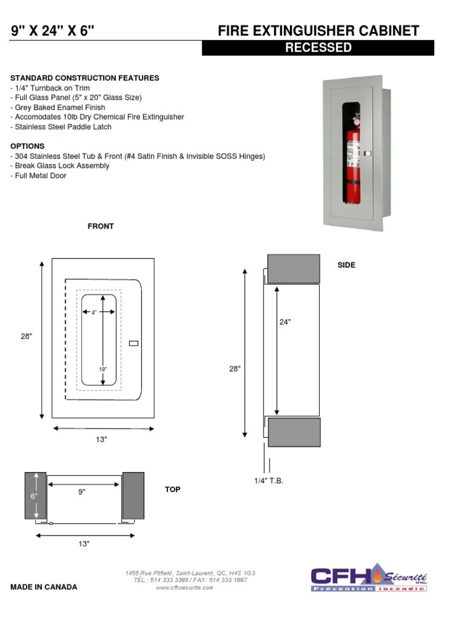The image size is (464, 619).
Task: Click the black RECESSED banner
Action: [x=318, y=48]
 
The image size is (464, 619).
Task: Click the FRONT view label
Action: [x=101, y=227]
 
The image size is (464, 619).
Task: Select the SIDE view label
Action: [x=346, y=265]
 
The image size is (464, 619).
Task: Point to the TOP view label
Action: [x=173, y=490]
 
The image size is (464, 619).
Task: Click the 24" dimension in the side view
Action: [x=285, y=322]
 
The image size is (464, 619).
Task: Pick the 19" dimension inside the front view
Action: [x=103, y=369]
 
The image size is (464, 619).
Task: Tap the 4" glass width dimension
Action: [x=94, y=313]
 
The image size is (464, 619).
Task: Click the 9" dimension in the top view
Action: [x=82, y=492]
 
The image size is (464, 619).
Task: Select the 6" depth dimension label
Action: [x=34, y=496]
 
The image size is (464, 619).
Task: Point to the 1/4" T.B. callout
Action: [x=268, y=481]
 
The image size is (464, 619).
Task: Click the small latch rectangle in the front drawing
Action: [x=134, y=344]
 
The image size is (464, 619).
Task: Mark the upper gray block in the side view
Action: [x=294, y=269]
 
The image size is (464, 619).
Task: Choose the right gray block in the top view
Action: [x=133, y=496]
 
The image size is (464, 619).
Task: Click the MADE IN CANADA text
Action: [x=43, y=587]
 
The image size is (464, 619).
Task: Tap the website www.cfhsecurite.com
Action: [x=184, y=588]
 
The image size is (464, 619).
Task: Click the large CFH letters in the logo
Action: [x=340, y=577]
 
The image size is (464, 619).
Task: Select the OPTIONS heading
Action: [x=27, y=146]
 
